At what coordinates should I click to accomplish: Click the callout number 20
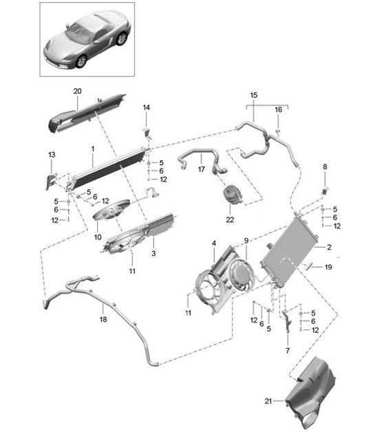point(77,91)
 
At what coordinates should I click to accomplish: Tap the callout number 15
point(253,94)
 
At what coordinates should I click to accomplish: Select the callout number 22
point(230,219)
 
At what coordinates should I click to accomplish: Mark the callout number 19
point(329,266)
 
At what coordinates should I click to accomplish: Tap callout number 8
point(325,166)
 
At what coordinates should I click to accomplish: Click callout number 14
point(146,107)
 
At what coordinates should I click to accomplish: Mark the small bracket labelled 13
point(50,180)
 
